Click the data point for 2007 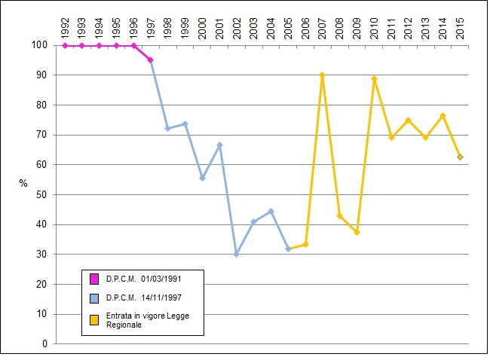click(322, 75)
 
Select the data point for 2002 click(237, 255)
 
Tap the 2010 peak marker click(374, 78)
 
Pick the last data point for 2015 click(460, 157)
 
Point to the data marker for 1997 click(151, 60)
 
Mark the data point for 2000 click(202, 178)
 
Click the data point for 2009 click(357, 232)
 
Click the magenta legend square click(94, 279)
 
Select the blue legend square click(94, 297)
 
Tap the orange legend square click(94, 319)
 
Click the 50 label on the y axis click(43, 194)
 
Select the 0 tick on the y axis click(45, 343)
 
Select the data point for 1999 click(185, 124)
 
